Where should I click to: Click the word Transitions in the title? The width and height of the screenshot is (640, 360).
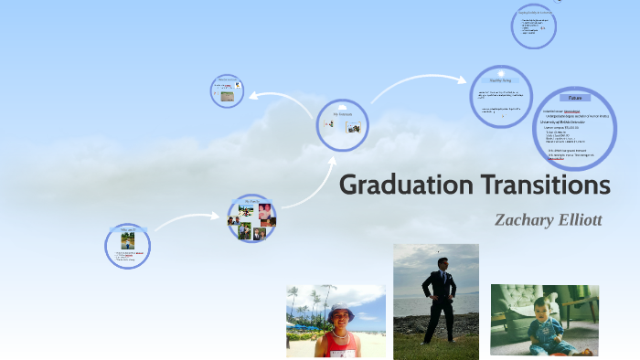[x=543, y=185]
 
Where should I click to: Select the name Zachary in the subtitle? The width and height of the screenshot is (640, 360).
[x=522, y=219]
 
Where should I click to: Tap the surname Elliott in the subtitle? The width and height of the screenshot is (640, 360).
[x=578, y=219]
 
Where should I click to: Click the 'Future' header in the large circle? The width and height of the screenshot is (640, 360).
[x=574, y=97]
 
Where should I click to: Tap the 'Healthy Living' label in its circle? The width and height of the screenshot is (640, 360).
[x=501, y=81]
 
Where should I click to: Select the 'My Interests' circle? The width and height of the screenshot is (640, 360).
[x=342, y=124]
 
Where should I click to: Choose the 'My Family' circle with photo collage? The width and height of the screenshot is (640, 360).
[x=251, y=217]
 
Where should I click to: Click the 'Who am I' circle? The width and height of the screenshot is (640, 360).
[x=127, y=245]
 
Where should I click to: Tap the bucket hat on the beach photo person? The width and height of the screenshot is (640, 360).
[x=340, y=311]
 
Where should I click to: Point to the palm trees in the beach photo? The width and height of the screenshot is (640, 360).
[x=302, y=302]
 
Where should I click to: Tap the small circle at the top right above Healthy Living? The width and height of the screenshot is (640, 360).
[x=533, y=27]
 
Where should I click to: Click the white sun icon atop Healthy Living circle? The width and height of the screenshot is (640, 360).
[x=500, y=72]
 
